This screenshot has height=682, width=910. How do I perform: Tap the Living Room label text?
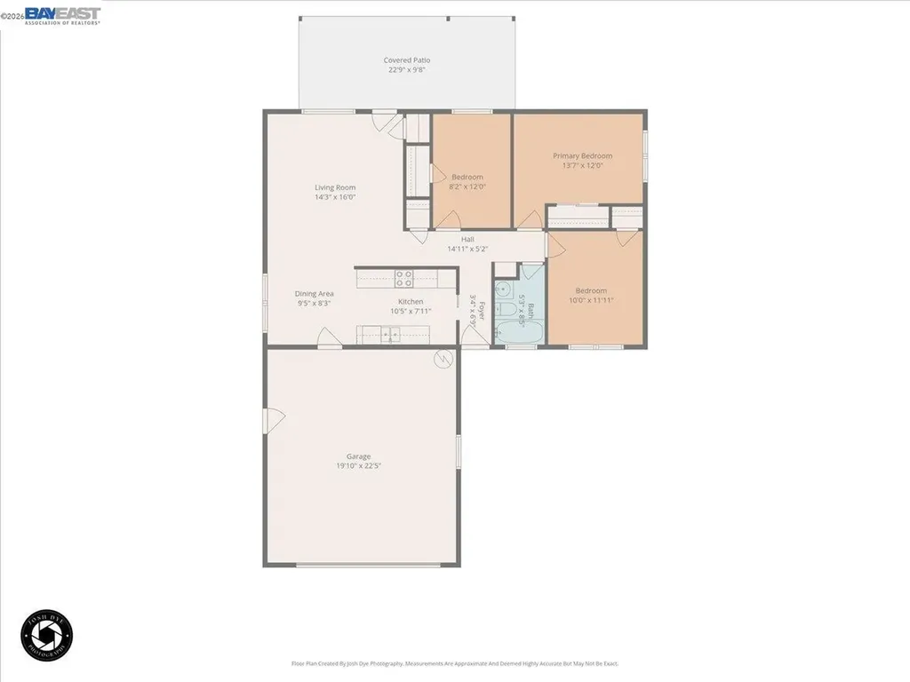point(335,187)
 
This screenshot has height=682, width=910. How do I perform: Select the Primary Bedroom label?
point(583,156)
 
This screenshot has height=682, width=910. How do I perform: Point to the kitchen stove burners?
point(403,278)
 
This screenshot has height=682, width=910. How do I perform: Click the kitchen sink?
point(389,335)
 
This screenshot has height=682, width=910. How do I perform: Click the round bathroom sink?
point(504,288)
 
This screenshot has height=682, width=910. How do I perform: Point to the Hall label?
point(467,239)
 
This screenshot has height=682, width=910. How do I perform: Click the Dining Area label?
point(315,293)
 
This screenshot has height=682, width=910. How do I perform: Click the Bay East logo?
point(62,15)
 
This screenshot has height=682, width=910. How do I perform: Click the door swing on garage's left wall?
point(273,416)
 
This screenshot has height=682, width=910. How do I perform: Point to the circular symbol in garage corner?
point(443,359)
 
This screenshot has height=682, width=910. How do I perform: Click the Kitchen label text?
point(398,302)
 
